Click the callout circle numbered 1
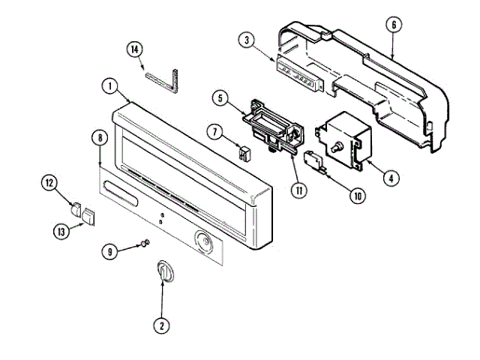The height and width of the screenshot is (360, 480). [110, 87]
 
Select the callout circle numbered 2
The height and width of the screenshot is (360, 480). [160, 325]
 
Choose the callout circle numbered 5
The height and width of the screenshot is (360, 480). [220, 97]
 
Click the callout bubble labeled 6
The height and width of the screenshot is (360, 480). [392, 25]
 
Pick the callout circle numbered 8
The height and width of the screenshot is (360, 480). [99, 137]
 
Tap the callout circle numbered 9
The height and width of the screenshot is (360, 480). [110, 252]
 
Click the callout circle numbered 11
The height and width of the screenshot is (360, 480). [299, 190]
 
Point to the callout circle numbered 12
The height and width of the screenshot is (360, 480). [49, 181]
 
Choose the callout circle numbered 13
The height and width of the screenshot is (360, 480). [61, 232]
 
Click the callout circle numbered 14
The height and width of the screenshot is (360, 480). [134, 49]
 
